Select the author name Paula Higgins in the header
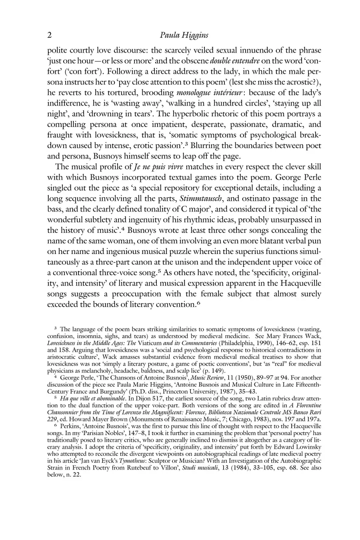click(x=184, y=36)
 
